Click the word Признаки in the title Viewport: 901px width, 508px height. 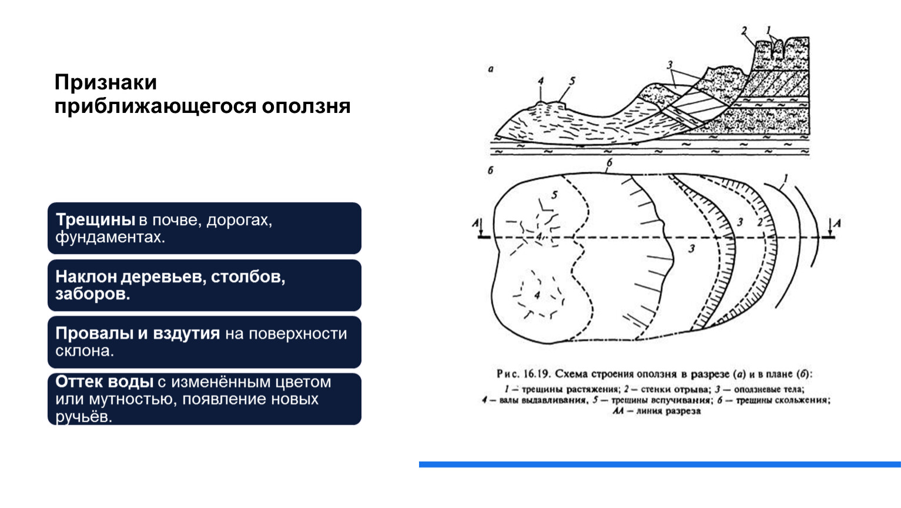click(x=105, y=83)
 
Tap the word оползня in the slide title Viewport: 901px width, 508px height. click(x=306, y=106)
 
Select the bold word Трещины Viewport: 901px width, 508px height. click(x=95, y=220)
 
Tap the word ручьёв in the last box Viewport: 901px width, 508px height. click(x=83, y=417)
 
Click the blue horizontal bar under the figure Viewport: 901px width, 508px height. click(x=659, y=464)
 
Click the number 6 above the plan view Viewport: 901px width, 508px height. click(x=609, y=163)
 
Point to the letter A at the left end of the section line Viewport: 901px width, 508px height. click(x=475, y=223)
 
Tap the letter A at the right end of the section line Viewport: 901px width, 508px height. click(x=837, y=223)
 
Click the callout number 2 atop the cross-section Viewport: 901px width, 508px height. click(x=743, y=31)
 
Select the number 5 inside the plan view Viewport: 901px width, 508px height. click(x=554, y=195)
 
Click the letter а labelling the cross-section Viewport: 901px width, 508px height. click(x=491, y=69)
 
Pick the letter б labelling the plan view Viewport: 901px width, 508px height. click(x=490, y=171)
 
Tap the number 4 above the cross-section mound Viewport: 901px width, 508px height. click(x=541, y=81)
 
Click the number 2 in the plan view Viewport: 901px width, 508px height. click(x=759, y=222)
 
